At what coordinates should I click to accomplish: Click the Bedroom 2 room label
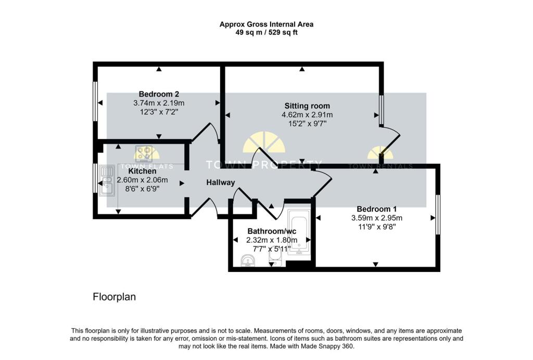(x=159, y=94)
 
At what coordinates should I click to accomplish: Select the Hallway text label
(x=221, y=182)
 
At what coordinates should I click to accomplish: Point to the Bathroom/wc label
(x=271, y=231)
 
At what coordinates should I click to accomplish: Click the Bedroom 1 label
(x=376, y=209)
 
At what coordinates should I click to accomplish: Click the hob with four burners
(x=146, y=153)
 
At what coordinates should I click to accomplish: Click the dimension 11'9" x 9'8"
(x=376, y=227)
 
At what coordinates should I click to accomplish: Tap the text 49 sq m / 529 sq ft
(x=266, y=32)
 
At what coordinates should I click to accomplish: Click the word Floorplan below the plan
(x=114, y=297)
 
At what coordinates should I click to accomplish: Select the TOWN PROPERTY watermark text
(x=264, y=165)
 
